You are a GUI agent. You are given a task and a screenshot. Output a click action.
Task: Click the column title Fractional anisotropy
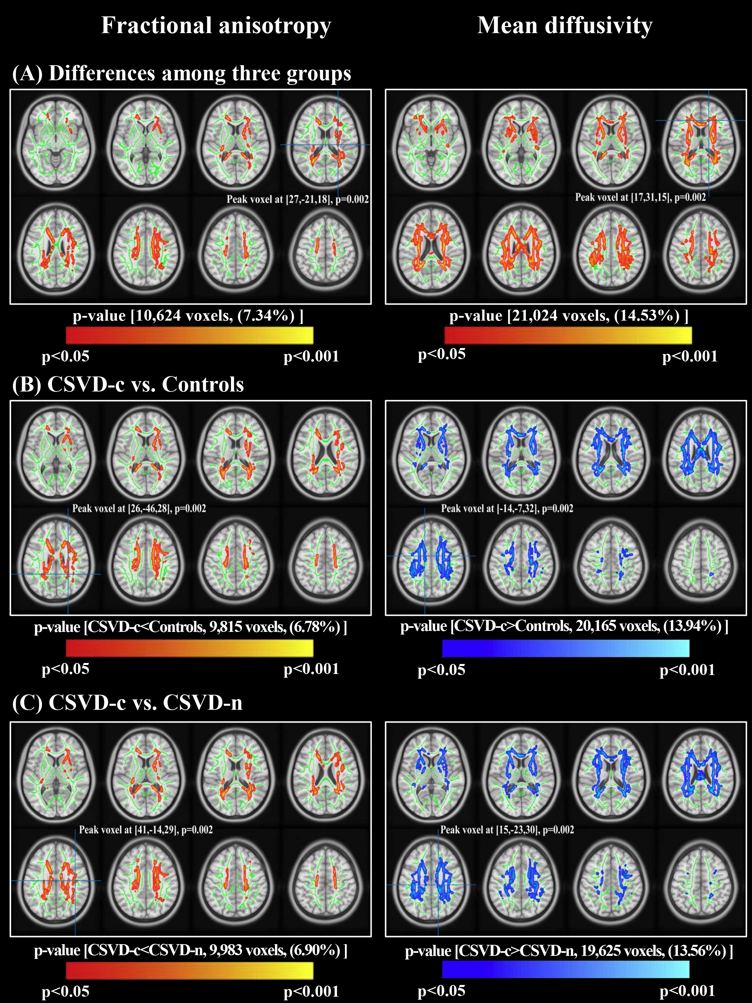216,25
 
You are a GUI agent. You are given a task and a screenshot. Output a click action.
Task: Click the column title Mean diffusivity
565,25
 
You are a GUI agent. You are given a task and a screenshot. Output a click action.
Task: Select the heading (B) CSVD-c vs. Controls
128,384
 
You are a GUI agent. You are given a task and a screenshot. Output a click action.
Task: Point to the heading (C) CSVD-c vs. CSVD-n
127,702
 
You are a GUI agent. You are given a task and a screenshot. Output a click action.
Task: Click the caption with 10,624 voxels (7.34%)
188,316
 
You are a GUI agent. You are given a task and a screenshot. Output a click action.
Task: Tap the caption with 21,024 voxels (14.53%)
569,316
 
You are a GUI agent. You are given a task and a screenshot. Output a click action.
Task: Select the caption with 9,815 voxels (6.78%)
191,627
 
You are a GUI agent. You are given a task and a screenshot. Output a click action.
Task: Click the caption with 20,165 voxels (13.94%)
565,626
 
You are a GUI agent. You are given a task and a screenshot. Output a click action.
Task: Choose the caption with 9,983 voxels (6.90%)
191,950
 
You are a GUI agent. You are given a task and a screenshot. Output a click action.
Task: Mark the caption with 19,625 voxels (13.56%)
569,951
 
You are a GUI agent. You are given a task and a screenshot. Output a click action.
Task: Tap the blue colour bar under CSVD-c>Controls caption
566,648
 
